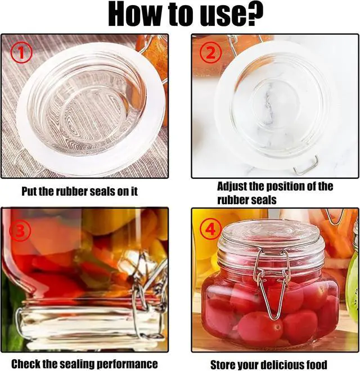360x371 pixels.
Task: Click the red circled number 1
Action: (x=21, y=53)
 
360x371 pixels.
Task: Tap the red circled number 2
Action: (x=211, y=53)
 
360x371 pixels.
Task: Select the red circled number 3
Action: (x=20, y=230)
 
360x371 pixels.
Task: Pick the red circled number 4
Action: (x=210, y=229)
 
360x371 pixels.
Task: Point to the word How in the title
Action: (x=135, y=15)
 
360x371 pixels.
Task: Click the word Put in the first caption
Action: (x=29, y=191)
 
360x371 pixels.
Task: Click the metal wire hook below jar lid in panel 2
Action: (x=305, y=165)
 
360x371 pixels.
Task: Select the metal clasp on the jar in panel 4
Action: (x=272, y=283)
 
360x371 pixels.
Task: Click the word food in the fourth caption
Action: (x=317, y=364)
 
